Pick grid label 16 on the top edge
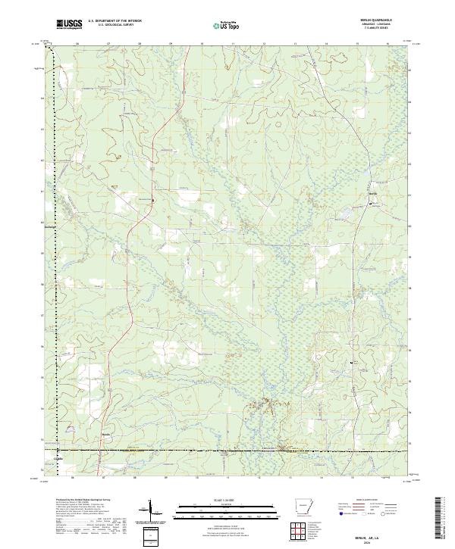pyautogui.click(x=388, y=44)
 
